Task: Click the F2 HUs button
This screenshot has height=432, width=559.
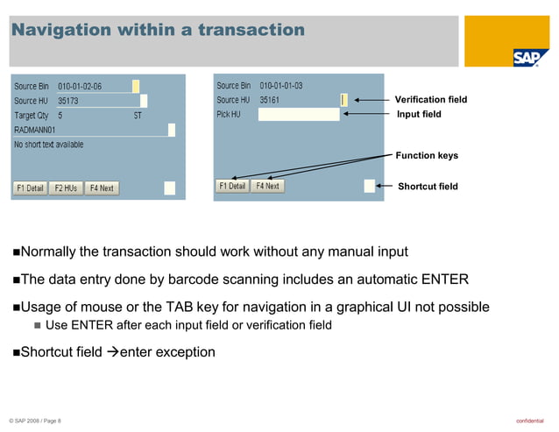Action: point(66,188)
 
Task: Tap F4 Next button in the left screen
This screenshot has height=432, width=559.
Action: point(101,188)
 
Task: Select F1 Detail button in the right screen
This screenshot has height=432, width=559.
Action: point(232,186)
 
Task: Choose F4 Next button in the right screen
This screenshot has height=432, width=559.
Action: point(267,186)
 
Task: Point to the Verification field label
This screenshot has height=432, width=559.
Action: point(431,100)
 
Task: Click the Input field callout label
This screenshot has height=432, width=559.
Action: point(419,115)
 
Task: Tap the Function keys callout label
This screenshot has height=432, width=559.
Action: point(427,156)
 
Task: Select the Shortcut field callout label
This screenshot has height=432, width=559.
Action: point(428,187)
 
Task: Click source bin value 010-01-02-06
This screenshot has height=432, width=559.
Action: point(80,87)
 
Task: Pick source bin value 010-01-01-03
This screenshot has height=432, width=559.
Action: point(281,86)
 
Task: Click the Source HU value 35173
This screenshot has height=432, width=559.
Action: point(68,101)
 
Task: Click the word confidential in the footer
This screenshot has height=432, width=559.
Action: point(529,421)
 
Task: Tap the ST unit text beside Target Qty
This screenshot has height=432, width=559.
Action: point(138,116)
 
